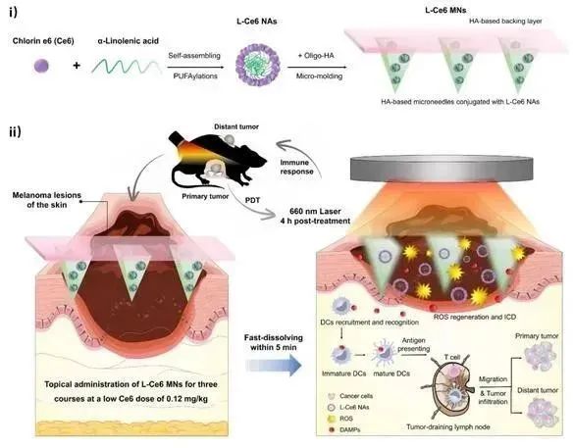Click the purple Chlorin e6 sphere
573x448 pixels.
[x=41, y=66]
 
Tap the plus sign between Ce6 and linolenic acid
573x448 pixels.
[x=77, y=66]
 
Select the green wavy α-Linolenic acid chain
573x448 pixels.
[x=127, y=67]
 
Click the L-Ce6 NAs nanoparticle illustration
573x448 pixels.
[x=258, y=65]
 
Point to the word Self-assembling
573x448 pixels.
[x=194, y=56]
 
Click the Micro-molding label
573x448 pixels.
[x=319, y=76]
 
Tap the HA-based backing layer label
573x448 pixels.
[x=505, y=22]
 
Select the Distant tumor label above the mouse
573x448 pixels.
[x=236, y=126]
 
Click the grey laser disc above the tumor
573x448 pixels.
[x=442, y=169]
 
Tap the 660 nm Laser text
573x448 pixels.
[x=315, y=212]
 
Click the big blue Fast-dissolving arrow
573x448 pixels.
[x=274, y=365]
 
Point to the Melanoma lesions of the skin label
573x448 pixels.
[x=47, y=200]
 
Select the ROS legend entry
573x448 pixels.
[x=341, y=419]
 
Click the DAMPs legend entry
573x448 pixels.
[x=344, y=429]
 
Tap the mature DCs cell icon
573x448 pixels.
[x=383, y=354]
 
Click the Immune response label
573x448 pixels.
[x=296, y=167]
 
